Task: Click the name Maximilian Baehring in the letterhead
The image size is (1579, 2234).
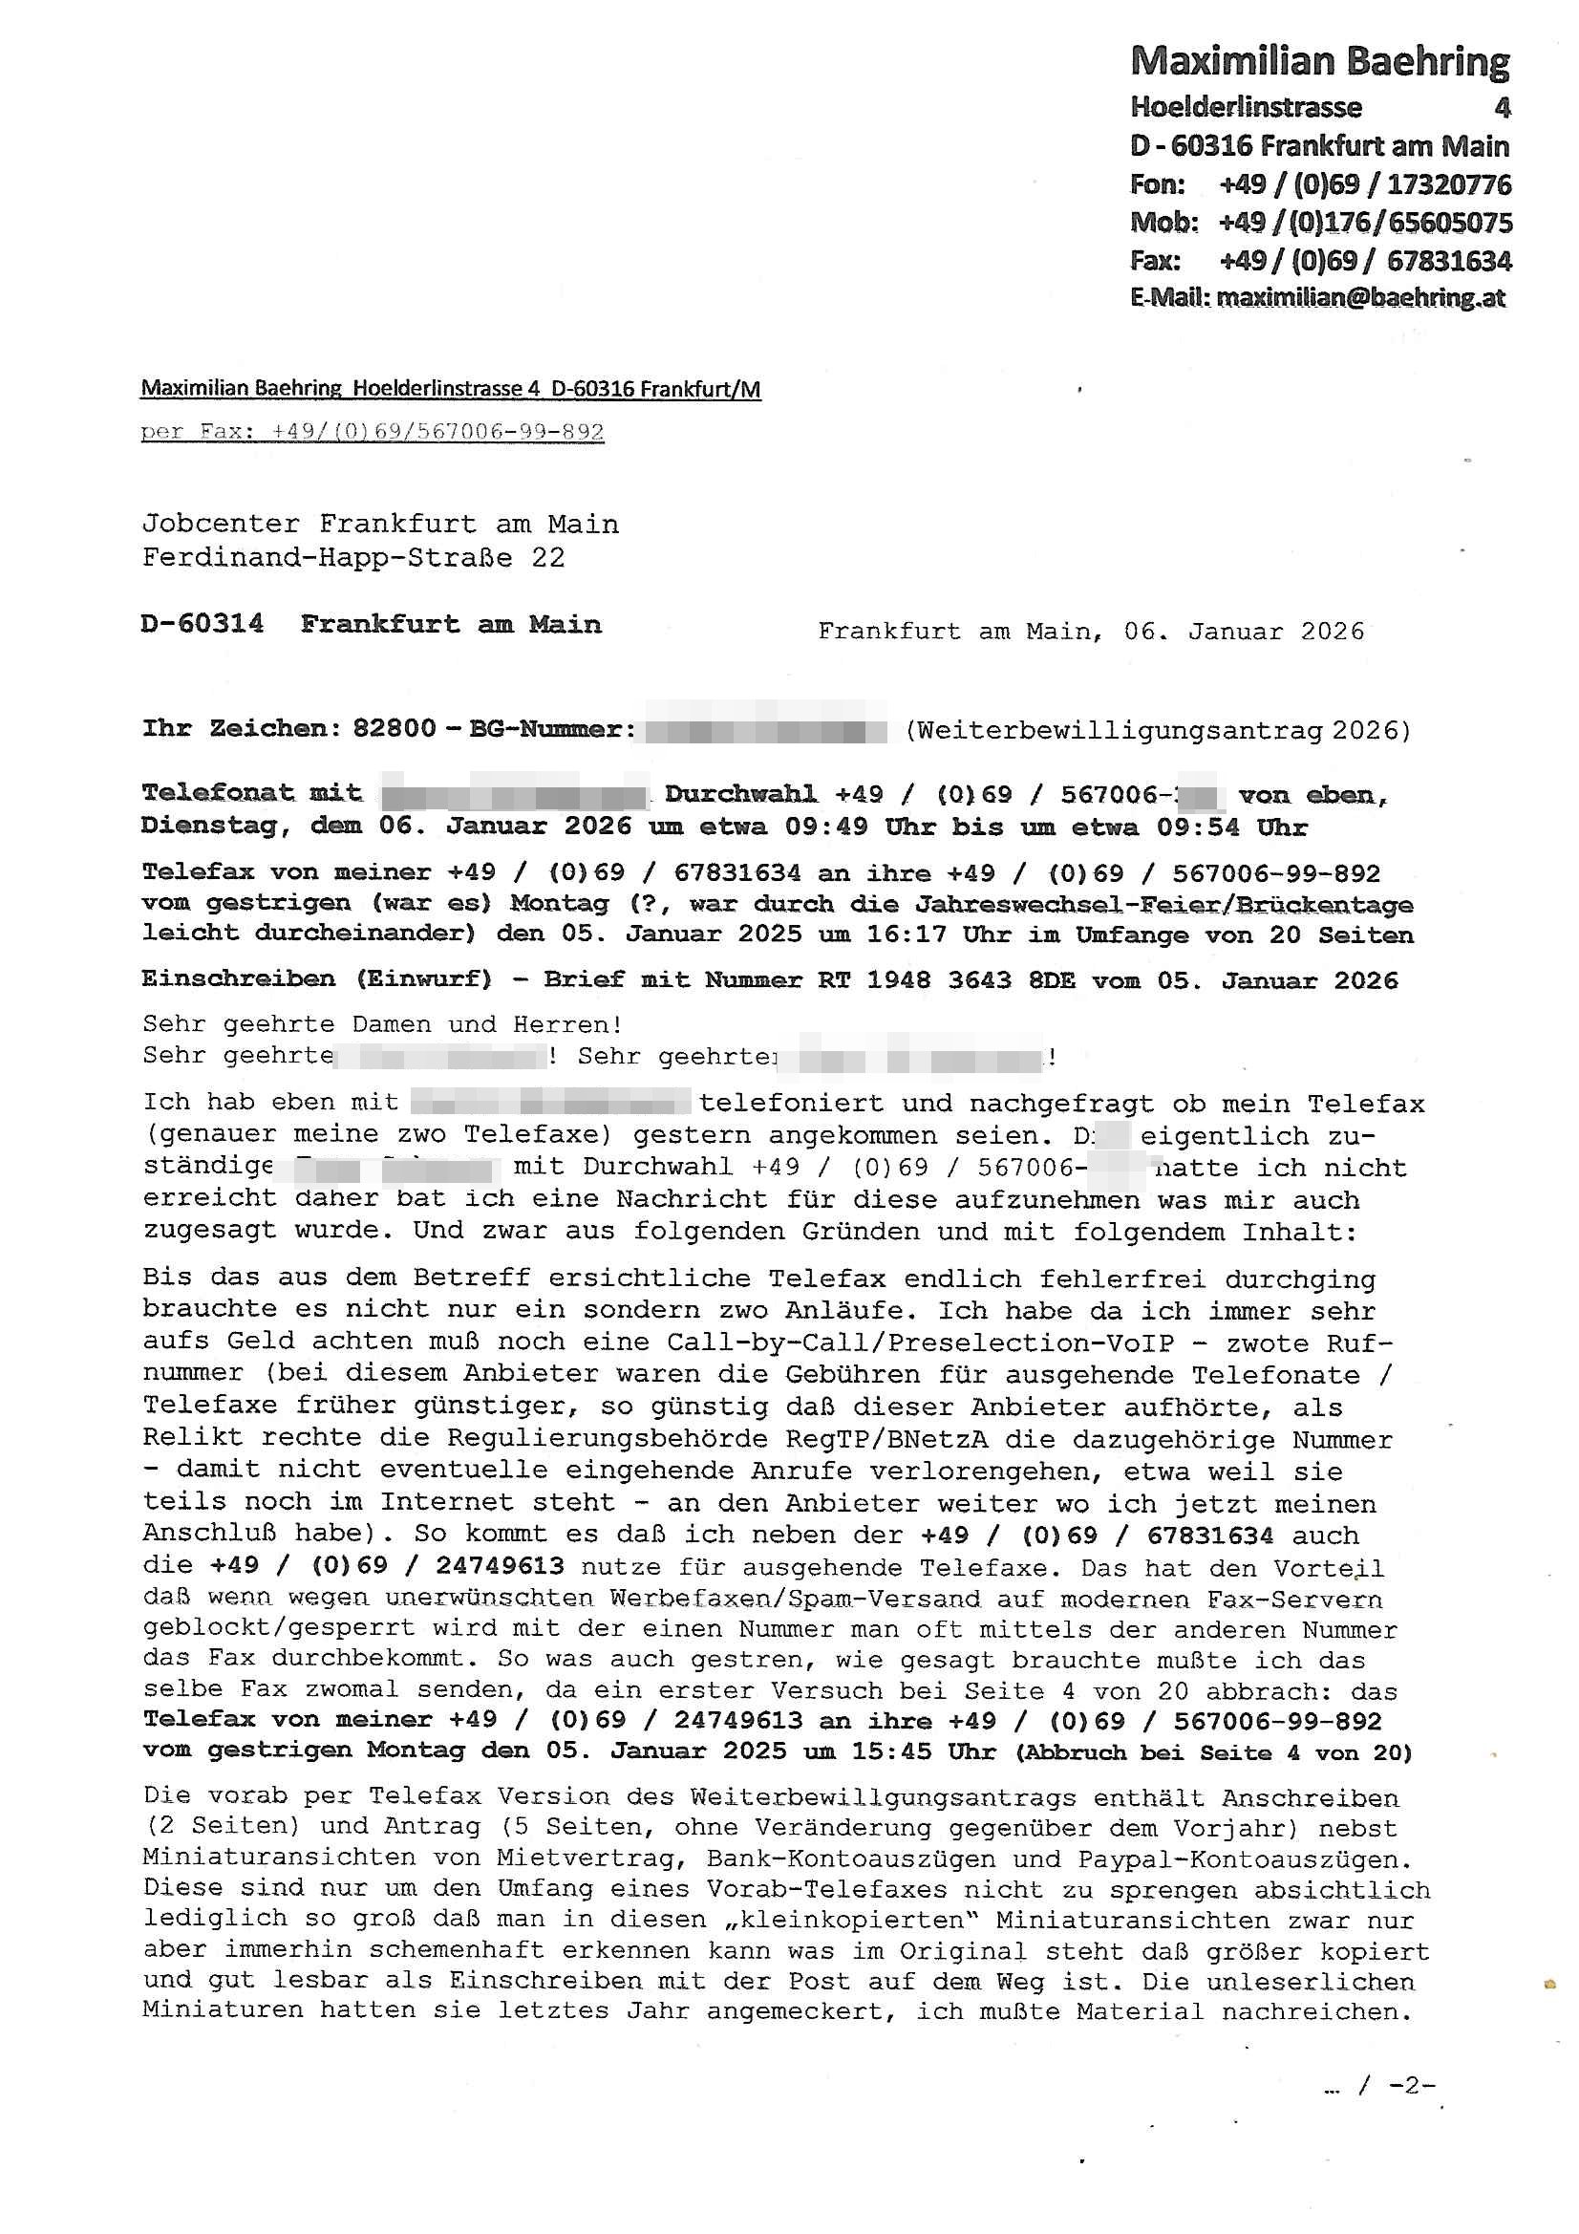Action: (x=1319, y=61)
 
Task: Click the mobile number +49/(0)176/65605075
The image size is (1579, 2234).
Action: (x=1365, y=223)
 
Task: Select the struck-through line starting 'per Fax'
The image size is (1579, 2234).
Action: (x=373, y=431)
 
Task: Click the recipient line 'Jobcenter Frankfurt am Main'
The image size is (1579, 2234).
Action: (x=380, y=524)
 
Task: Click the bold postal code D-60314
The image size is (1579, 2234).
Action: (x=203, y=624)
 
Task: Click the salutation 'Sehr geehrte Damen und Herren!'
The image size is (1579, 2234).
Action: (x=381, y=1023)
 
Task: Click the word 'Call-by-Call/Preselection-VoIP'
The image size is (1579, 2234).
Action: (x=920, y=1343)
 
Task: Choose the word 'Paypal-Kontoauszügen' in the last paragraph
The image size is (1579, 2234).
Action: (x=1244, y=1859)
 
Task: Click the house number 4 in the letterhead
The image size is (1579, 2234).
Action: (x=1502, y=107)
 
